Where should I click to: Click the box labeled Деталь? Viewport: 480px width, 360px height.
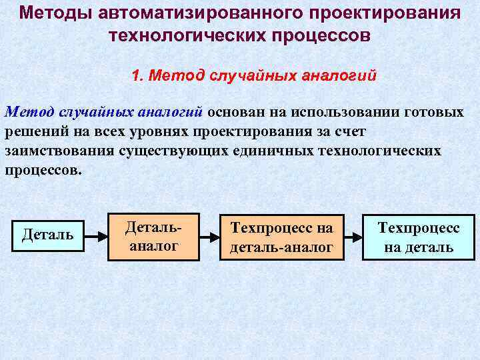(48, 235)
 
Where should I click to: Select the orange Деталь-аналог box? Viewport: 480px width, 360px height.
(153, 237)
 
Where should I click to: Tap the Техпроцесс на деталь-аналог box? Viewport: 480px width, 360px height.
(281, 237)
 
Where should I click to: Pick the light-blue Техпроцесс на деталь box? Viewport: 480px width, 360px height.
(418, 237)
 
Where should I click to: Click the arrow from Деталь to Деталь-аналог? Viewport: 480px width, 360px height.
(95, 235)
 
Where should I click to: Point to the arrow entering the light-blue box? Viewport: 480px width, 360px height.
(351, 235)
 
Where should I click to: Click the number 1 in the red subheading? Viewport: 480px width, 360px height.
(136, 75)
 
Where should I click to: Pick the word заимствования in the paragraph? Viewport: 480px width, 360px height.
(59, 150)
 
